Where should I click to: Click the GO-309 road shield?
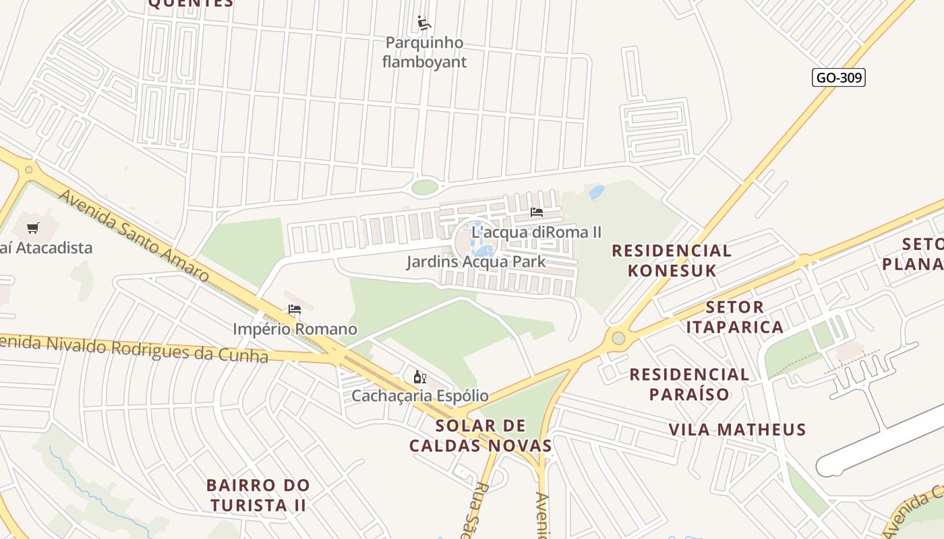point(838,77)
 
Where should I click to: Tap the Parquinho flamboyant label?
point(424,53)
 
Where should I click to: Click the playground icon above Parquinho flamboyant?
point(423,24)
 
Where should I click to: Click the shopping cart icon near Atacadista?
point(33,228)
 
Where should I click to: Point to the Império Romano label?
point(295,329)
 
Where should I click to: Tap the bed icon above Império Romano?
point(294,310)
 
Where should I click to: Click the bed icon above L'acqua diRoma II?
point(537,212)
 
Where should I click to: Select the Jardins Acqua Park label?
point(475,261)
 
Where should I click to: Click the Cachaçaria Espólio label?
point(419,395)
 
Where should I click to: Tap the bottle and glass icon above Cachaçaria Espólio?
point(419,377)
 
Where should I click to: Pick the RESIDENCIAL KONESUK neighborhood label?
point(671,261)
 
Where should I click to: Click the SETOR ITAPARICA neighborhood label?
point(734,317)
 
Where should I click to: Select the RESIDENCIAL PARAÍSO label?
point(689,384)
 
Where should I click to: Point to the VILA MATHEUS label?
point(737,430)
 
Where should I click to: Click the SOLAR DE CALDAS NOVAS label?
point(480,435)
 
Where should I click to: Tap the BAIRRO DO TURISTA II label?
point(258,495)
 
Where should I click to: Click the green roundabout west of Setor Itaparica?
point(618,338)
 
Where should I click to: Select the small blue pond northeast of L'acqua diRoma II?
point(597,193)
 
